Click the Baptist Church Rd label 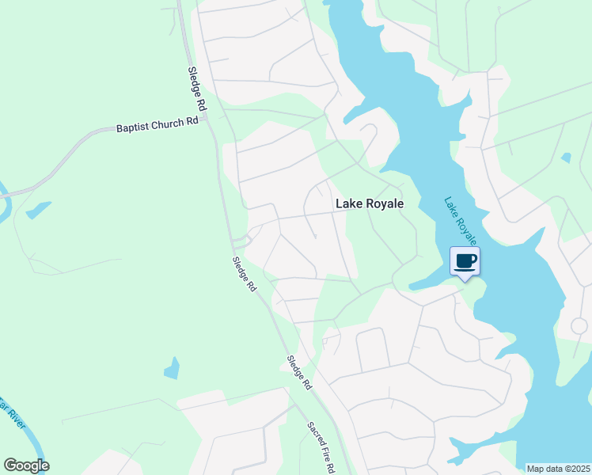(157, 125)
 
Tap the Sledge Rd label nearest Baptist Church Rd (197, 88)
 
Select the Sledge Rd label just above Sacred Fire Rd (299, 372)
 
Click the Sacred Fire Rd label (321, 448)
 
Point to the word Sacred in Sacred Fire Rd (314, 435)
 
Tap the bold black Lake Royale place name (370, 203)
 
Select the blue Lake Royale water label (461, 221)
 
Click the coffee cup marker (465, 261)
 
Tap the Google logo (26, 465)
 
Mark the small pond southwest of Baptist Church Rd (37, 210)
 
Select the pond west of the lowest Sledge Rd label (171, 368)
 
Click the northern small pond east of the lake (565, 158)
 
